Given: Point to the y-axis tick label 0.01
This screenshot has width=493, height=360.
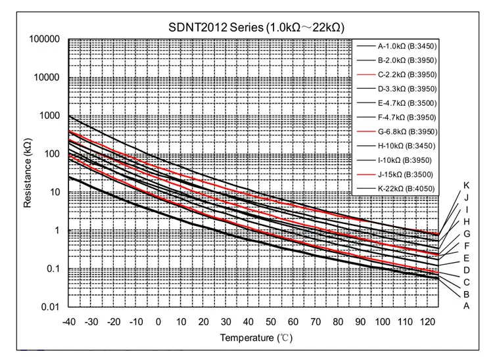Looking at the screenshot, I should pos(51,307).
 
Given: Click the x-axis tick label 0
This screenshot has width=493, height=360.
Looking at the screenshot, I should pos(158,322).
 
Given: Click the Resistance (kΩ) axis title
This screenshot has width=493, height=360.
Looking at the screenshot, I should pos(28,173).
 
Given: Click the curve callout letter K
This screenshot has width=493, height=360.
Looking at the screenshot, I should pos(466,185).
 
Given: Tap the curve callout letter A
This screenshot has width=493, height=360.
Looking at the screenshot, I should pos(466,305).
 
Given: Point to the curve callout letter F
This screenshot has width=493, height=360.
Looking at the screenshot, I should pos(466,246).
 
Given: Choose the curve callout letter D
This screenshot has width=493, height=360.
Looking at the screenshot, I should pos(466,270).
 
